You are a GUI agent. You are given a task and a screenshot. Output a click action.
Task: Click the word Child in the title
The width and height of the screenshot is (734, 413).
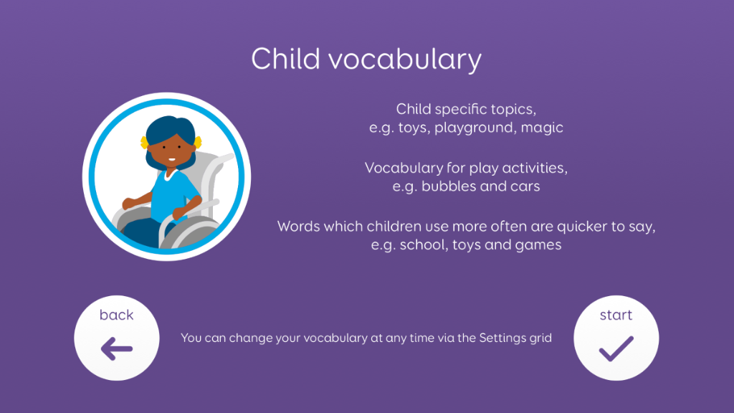pyautogui.click(x=285, y=59)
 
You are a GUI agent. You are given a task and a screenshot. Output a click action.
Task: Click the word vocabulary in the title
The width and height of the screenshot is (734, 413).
pyautogui.click(x=405, y=60)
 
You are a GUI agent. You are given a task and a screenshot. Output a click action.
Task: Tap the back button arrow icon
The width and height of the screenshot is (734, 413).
pyautogui.click(x=117, y=349)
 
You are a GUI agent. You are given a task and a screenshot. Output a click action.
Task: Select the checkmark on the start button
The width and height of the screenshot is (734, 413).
pyautogui.click(x=616, y=349)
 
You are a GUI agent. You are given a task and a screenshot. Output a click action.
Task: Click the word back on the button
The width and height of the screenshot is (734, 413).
pyautogui.click(x=117, y=315)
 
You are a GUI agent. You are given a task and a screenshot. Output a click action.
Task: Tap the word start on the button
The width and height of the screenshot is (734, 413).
pyautogui.click(x=616, y=315)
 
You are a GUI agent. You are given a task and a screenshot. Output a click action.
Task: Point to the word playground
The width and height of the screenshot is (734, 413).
pyautogui.click(x=474, y=128)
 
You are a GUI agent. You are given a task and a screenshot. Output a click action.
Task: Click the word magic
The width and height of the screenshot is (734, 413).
pyautogui.click(x=542, y=128)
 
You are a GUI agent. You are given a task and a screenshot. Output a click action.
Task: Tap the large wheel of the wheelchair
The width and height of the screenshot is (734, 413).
pyautogui.click(x=189, y=232)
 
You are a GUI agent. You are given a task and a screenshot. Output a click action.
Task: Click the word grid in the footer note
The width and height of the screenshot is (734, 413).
pyautogui.click(x=540, y=338)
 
